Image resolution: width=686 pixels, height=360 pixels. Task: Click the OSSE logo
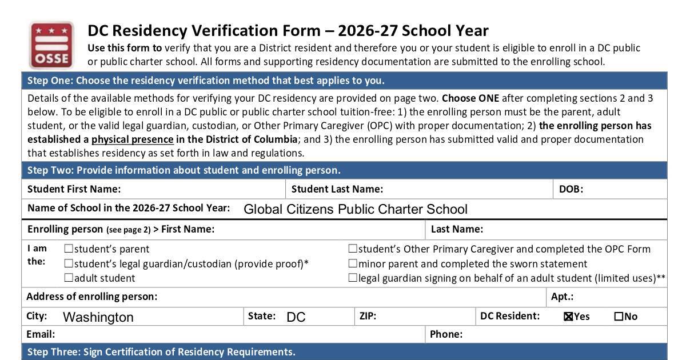pyautogui.click(x=52, y=45)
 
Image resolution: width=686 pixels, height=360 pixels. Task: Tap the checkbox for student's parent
pyautogui.click(x=69, y=249)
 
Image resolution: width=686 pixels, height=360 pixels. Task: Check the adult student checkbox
pyautogui.click(x=69, y=278)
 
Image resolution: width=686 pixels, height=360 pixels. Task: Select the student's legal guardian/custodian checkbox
pyautogui.click(x=69, y=263)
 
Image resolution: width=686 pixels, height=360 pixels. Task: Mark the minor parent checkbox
pyautogui.click(x=353, y=263)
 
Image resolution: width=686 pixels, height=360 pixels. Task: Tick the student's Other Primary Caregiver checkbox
pyautogui.click(x=353, y=249)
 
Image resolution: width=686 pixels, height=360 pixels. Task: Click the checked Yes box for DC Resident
pyautogui.click(x=568, y=317)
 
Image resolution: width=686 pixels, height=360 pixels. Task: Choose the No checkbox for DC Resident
pyautogui.click(x=619, y=317)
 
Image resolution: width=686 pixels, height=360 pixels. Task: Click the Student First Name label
pyautogui.click(x=74, y=189)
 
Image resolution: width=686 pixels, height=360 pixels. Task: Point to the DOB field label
pyautogui.click(x=571, y=189)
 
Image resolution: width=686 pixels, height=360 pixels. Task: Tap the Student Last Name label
pyautogui.click(x=337, y=189)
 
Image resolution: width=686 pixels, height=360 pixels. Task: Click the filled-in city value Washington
pyautogui.click(x=98, y=317)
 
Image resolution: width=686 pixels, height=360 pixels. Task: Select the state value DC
pyautogui.click(x=296, y=317)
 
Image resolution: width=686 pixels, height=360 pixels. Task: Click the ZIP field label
pyautogui.click(x=368, y=316)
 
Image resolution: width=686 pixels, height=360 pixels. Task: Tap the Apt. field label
pyautogui.click(x=562, y=297)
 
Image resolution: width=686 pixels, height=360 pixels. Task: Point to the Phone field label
pyautogui.click(x=446, y=334)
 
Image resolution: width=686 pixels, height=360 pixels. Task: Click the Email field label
pyautogui.click(x=41, y=334)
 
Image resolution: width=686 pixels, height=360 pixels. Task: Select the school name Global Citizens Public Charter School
pyautogui.click(x=355, y=209)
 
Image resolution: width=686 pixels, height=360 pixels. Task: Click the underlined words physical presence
pyautogui.click(x=132, y=139)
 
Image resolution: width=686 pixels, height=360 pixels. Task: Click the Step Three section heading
pyautogui.click(x=161, y=352)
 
